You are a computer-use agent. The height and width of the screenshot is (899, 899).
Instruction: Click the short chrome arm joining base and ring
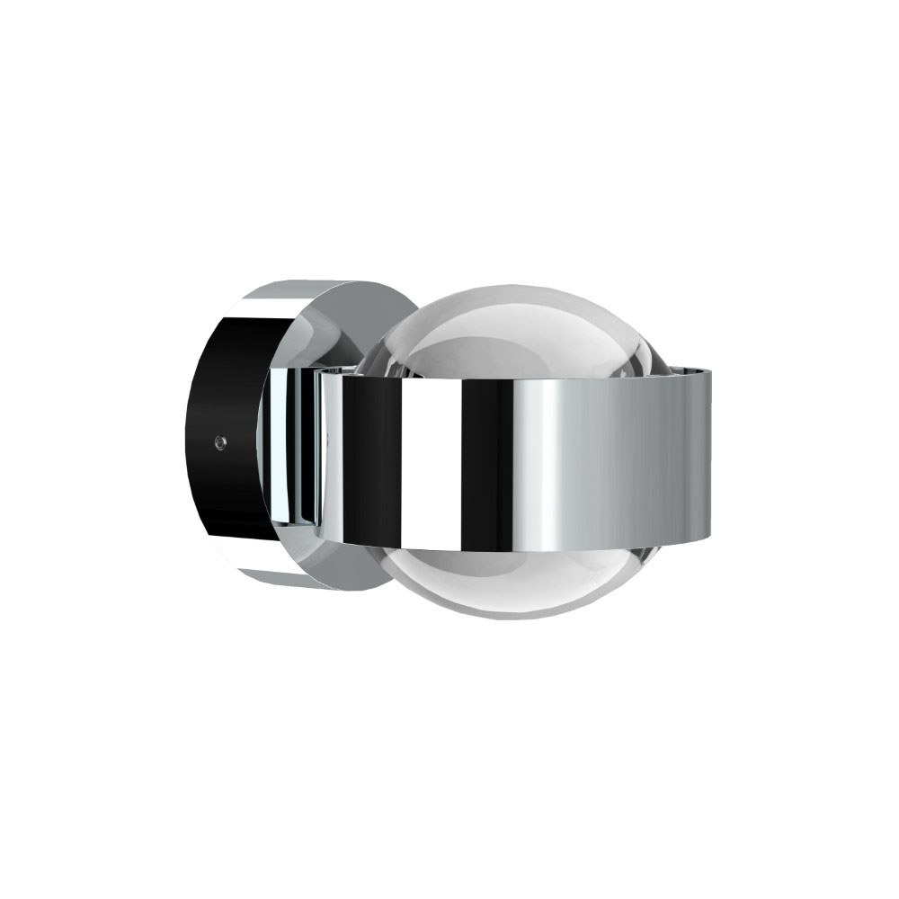[297, 449]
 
